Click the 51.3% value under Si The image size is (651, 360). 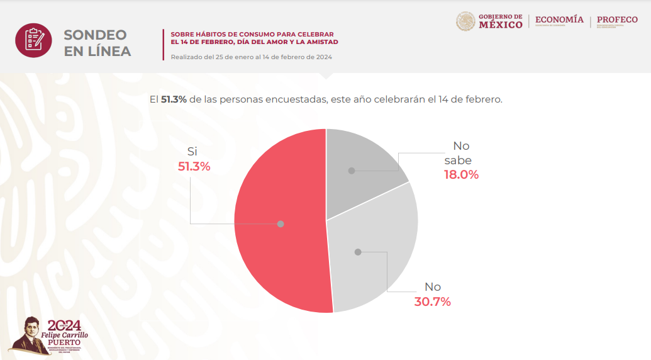pos(194,167)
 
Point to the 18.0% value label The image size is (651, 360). pos(462,175)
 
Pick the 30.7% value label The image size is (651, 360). pos(433,301)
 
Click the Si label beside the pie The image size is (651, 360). pos(192,152)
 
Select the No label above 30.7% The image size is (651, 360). pos(433,286)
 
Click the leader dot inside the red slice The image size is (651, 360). pos(281,223)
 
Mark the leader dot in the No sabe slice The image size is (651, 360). pos(352,170)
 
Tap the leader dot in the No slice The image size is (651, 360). pos(358,252)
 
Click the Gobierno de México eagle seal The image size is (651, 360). pos(465,21)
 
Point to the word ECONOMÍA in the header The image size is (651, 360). pos(559,20)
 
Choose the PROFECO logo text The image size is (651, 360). pos(617,20)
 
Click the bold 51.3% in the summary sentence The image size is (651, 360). pos(174,99)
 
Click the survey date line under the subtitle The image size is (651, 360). pos(251,57)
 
